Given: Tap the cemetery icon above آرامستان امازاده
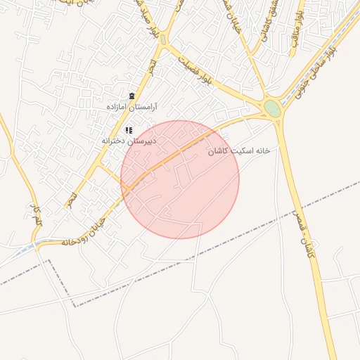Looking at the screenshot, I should coord(131,96).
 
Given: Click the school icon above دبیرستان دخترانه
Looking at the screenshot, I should coord(129,130).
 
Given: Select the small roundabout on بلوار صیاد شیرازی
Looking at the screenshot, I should coord(163,40).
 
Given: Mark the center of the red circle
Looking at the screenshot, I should coord(180,179).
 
